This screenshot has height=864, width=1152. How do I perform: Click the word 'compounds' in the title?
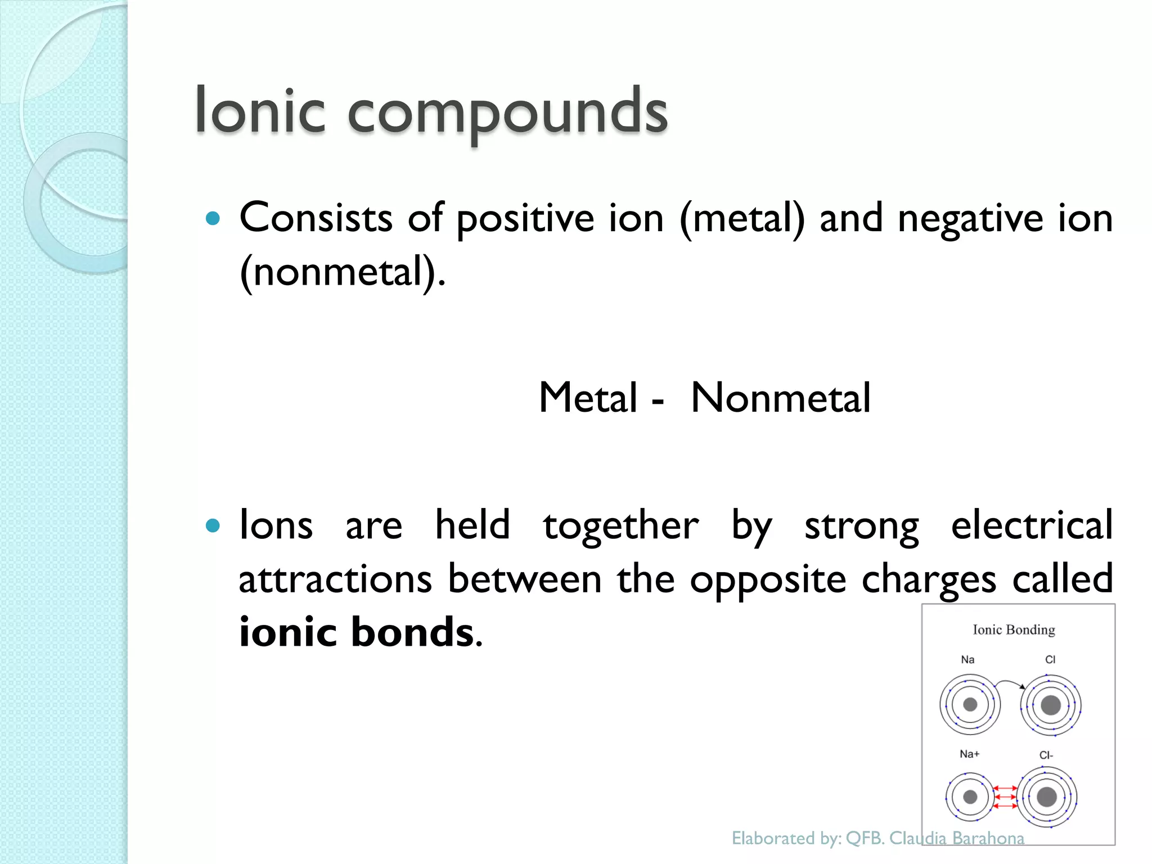(507, 112)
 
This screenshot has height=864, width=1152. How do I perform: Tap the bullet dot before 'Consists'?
(213, 218)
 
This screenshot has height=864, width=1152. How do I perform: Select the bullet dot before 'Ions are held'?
(213, 526)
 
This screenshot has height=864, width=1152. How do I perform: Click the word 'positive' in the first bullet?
(525, 219)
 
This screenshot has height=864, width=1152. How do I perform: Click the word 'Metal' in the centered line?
(588, 398)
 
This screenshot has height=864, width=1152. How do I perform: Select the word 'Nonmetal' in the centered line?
(781, 398)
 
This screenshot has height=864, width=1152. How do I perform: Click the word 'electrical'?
(1032, 525)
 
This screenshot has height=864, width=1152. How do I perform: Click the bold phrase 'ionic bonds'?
(356, 632)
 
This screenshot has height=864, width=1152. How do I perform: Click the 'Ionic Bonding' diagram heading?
(1014, 630)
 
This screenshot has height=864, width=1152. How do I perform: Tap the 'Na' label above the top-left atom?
(967, 660)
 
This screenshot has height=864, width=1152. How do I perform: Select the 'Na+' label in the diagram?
(969, 754)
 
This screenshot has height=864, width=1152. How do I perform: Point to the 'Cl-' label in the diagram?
(1046, 755)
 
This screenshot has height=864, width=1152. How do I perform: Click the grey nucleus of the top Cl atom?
(1051, 705)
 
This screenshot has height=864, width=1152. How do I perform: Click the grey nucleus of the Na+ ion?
(970, 796)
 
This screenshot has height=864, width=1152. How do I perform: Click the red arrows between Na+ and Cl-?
(1005, 797)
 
